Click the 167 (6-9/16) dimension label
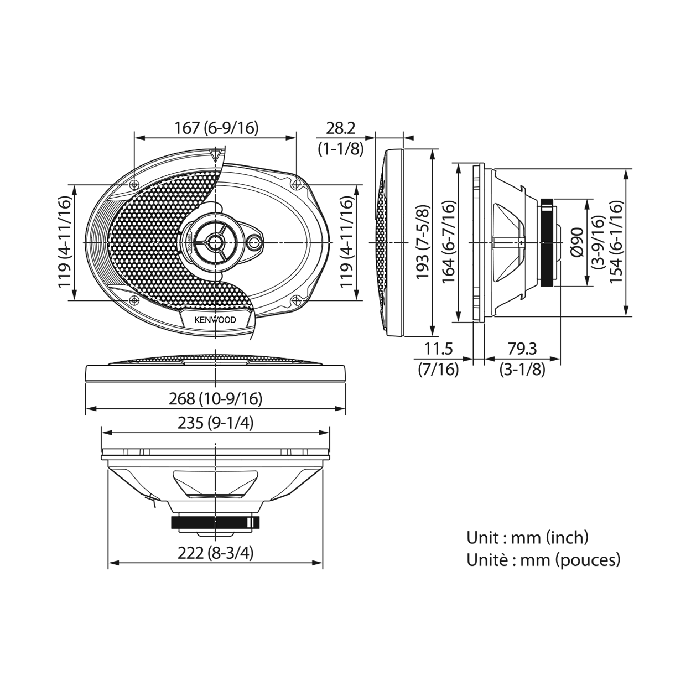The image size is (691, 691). coord(216,128)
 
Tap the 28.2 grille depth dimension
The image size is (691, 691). coord(341,128)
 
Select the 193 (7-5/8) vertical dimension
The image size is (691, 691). coord(423,242)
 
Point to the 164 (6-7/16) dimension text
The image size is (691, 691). coord(449,242)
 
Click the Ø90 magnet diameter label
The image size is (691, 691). coord(578,242)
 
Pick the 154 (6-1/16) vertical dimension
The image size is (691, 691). coord(616,242)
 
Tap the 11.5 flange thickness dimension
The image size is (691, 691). coord(439,349)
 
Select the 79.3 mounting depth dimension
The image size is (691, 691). coord(522,349)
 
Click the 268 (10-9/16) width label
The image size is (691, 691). coord(216,399)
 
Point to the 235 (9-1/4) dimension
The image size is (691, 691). coord(216,423)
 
